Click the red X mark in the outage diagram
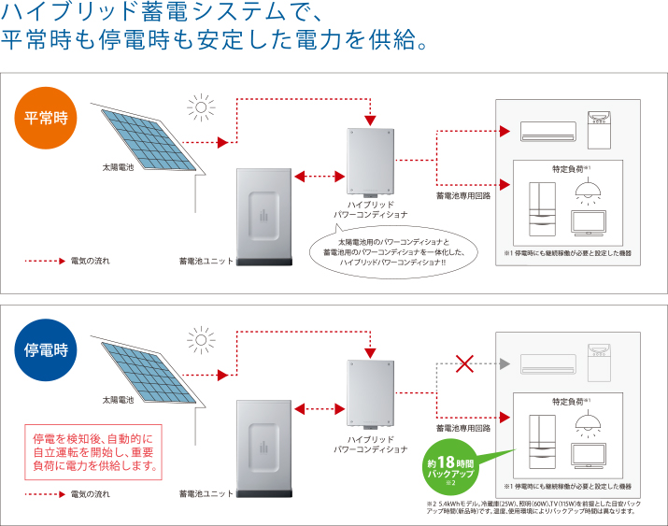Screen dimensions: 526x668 463,363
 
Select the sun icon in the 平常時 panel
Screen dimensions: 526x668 199,104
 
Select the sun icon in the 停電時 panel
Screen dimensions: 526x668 199,337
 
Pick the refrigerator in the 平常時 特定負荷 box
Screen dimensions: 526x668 542,207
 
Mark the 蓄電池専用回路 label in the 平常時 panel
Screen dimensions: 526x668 463,196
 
